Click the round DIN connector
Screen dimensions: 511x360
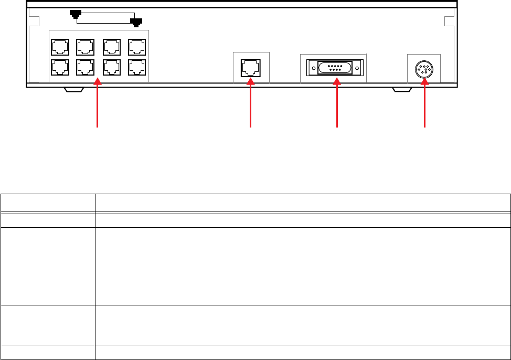pyautogui.click(x=424, y=69)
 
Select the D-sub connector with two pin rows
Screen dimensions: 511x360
pyautogui.click(x=335, y=69)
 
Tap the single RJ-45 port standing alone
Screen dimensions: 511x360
pyautogui.click(x=249, y=68)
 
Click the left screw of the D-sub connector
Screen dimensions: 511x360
pyautogui.click(x=313, y=69)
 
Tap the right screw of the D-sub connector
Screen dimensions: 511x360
pyautogui.click(x=357, y=69)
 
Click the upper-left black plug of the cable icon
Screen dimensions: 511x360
pyautogui.click(x=76, y=13)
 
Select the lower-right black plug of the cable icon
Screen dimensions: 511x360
pyautogui.click(x=136, y=22)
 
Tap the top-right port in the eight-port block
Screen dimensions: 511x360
pyautogui.click(x=137, y=48)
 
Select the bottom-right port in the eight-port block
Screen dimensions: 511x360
pyautogui.click(x=137, y=67)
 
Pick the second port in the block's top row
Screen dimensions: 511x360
pyautogui.click(x=84, y=48)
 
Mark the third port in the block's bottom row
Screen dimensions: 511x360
pyautogui.click(x=111, y=67)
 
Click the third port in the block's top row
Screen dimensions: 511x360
pyautogui.click(x=111, y=48)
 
